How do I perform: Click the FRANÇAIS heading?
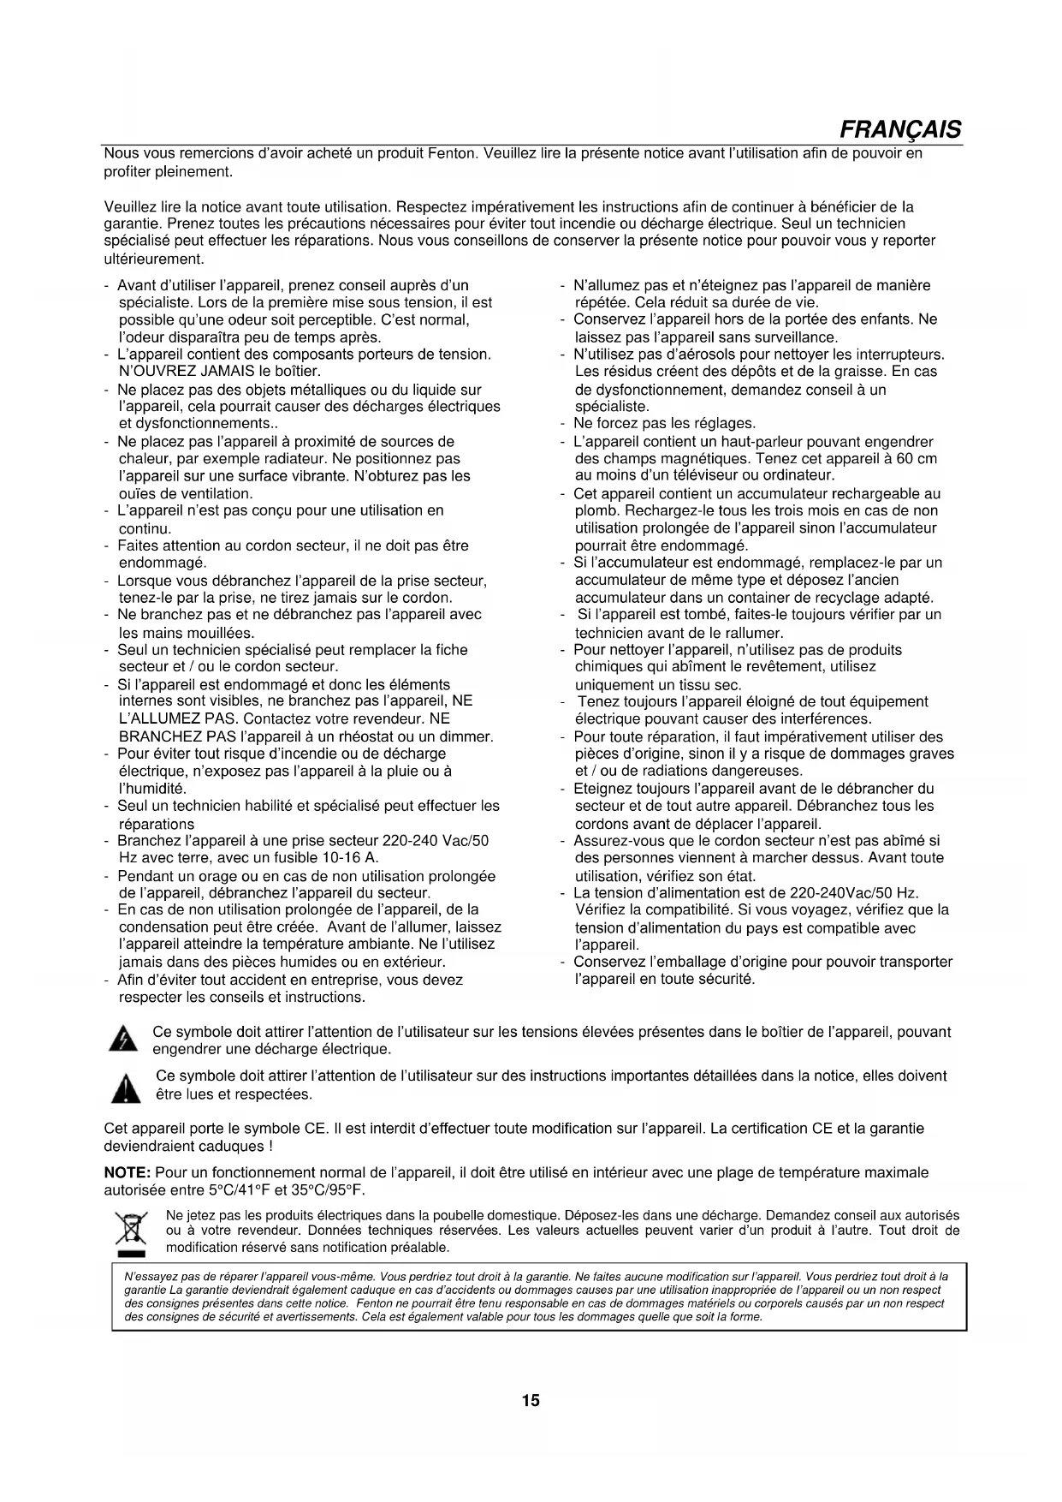[x=899, y=130]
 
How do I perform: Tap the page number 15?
[x=531, y=1401]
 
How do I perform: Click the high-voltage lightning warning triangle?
[x=126, y=1040]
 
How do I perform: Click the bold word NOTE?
[x=128, y=1172]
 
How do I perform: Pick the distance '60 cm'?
[x=917, y=459]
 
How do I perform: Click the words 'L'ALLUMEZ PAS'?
[x=175, y=718]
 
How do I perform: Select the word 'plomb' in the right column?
[x=595, y=511]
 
